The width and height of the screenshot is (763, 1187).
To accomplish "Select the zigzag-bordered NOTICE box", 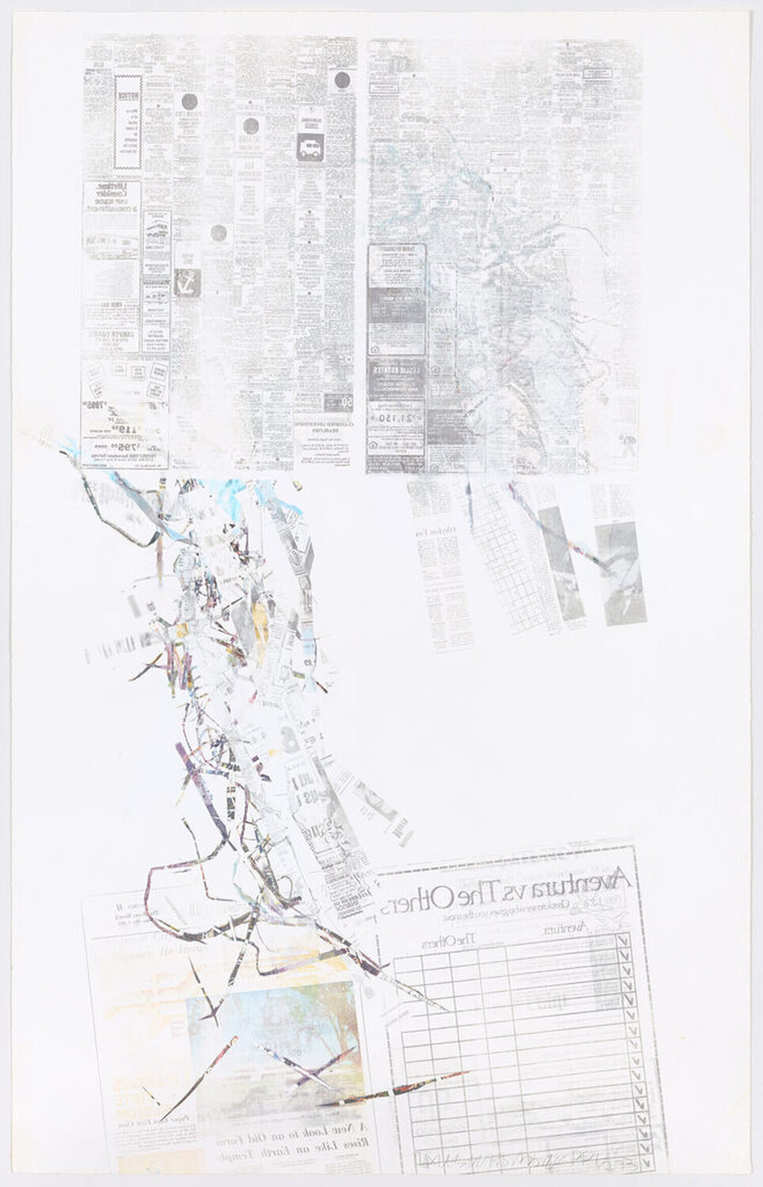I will click(127, 122).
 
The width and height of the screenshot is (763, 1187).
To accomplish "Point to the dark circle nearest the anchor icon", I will click(219, 233).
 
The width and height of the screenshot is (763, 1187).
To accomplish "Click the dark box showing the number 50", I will click(347, 403).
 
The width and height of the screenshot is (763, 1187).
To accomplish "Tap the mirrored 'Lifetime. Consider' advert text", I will click(112, 198).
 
